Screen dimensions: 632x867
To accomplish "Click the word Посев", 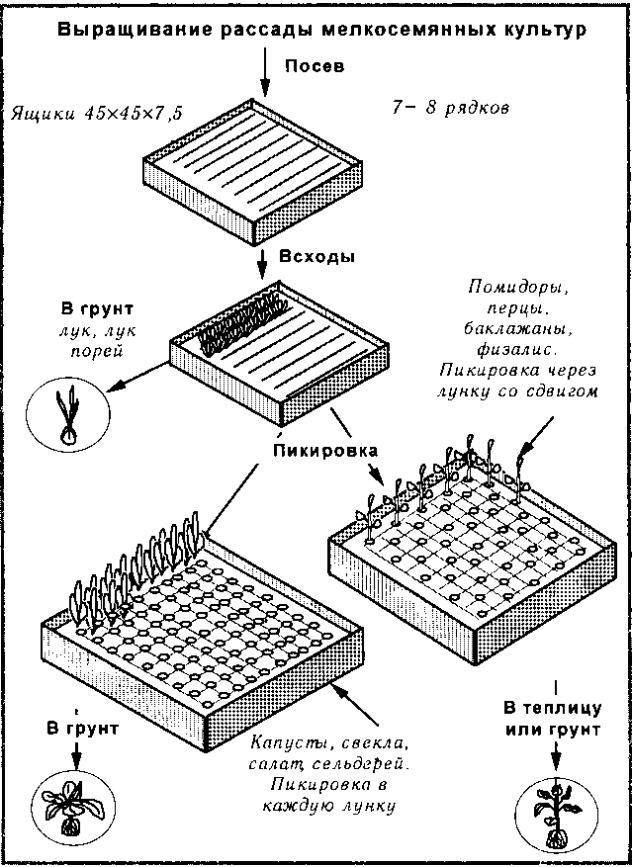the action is pos(315,66).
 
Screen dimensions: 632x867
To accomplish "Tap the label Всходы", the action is pos(317,258).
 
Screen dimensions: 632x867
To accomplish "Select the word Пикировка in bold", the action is pos(325,450).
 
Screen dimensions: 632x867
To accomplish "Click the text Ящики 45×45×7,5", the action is pos(97,113).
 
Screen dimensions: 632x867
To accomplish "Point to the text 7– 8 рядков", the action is pos(451,108).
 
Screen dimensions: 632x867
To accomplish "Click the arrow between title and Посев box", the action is pos(266,73).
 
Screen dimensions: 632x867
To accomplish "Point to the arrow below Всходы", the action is pos(262,264).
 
